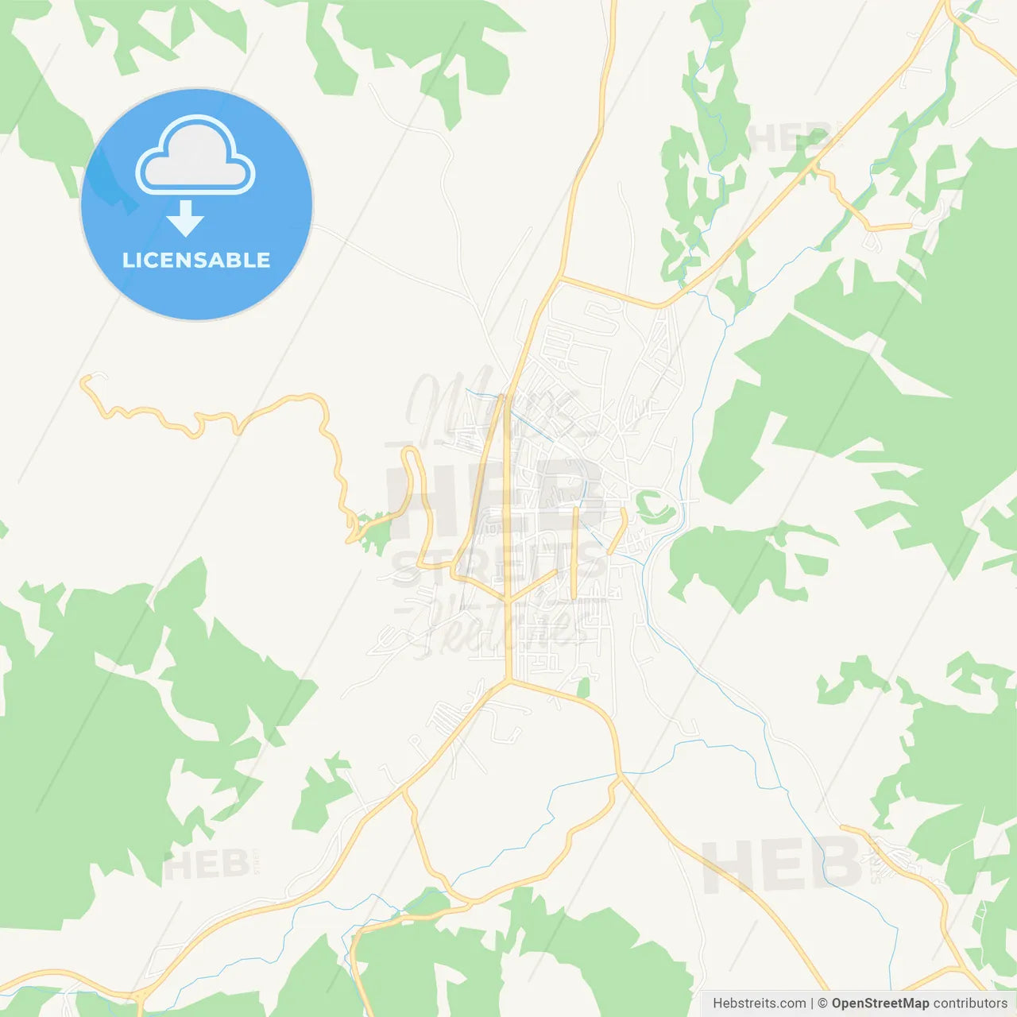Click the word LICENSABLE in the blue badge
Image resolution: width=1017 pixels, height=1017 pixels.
[196, 260]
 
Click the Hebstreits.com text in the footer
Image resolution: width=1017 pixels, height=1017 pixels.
[759, 1003]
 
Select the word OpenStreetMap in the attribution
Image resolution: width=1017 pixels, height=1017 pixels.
[880, 1003]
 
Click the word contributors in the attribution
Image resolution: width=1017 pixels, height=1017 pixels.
[969, 1003]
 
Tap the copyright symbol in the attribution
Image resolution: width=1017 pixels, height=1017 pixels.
[822, 1003]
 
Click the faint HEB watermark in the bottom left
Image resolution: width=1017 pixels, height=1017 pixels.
[206, 864]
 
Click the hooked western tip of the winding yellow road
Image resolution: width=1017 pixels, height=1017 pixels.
[86, 381]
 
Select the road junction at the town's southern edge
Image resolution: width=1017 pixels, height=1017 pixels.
[508, 680]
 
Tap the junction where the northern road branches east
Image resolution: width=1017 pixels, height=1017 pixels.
[560, 277]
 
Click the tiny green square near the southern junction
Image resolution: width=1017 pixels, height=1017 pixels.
[584, 688]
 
